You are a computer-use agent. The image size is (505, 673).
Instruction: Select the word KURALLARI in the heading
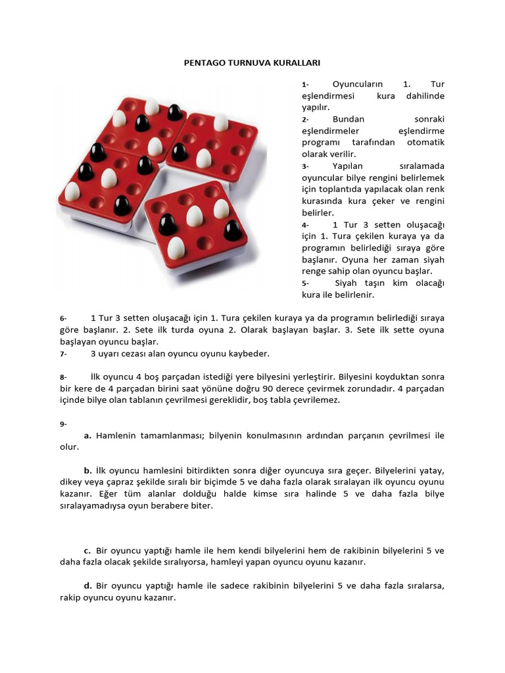297,63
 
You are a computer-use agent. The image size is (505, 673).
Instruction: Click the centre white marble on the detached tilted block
194,216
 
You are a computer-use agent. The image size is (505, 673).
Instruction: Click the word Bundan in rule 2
349,119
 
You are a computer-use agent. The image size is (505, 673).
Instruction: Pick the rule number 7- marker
63,354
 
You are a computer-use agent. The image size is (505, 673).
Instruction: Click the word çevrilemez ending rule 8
317,400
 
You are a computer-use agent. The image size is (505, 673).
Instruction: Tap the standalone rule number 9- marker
63,424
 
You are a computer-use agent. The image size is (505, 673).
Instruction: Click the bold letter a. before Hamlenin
87,435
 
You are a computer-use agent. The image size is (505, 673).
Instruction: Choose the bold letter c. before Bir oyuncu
87,550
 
